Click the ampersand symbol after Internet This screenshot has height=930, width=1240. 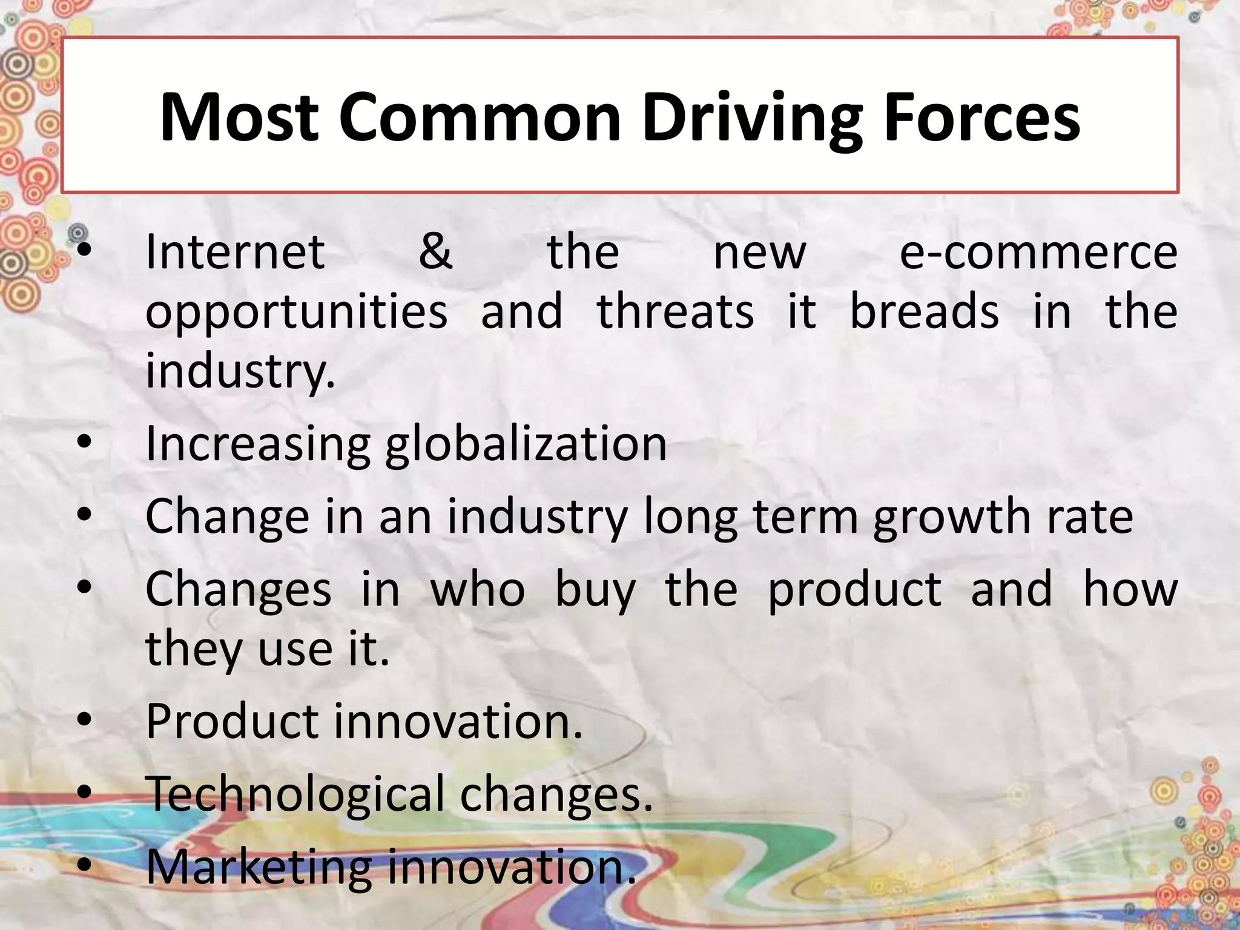(x=435, y=252)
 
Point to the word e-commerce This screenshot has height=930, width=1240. (x=1038, y=253)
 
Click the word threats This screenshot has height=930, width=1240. (x=676, y=311)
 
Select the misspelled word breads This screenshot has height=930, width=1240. (x=924, y=311)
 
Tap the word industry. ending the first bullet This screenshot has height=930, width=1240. (x=240, y=371)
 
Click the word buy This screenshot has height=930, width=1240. (x=595, y=590)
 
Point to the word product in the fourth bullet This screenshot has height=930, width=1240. (x=855, y=590)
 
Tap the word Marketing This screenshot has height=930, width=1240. (x=258, y=866)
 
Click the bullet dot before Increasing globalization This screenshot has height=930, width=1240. (x=85, y=443)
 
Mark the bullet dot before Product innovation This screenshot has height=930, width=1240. (x=85, y=720)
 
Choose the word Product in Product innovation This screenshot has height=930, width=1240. (x=232, y=721)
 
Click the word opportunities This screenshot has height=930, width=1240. (x=296, y=312)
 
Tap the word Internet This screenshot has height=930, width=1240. (x=235, y=252)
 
